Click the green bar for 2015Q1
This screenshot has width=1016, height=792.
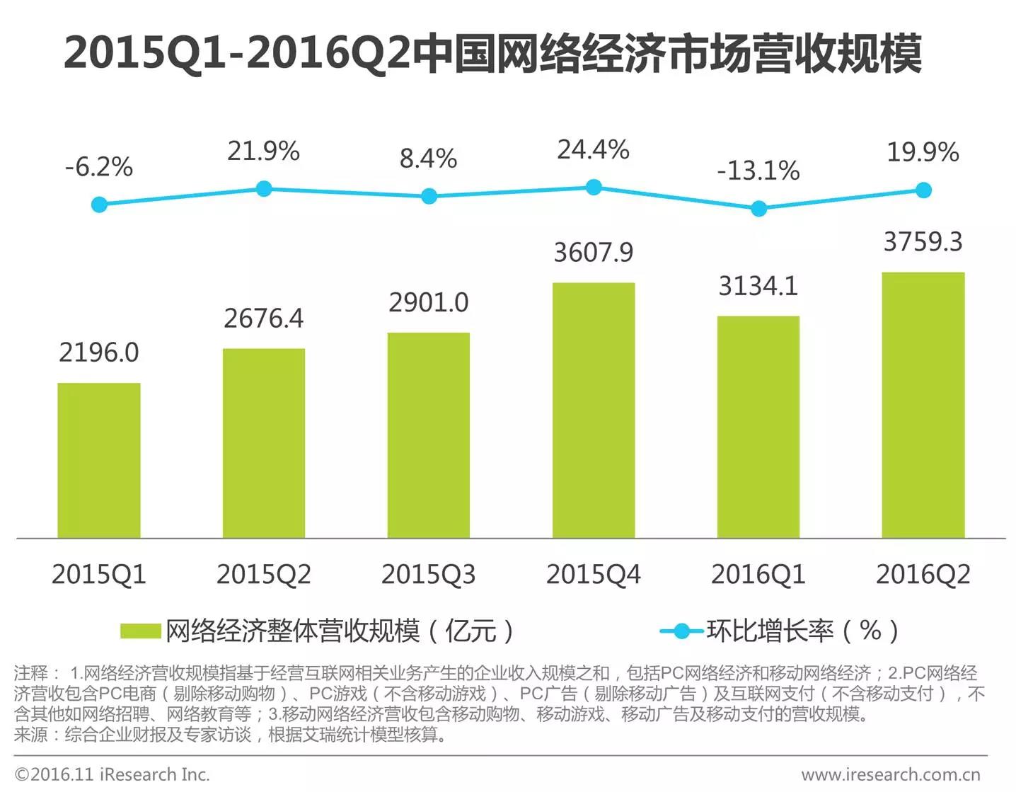click(99, 461)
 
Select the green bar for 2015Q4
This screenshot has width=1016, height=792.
click(594, 411)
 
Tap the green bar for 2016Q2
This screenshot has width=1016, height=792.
click(923, 406)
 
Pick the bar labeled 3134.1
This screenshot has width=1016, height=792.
click(758, 427)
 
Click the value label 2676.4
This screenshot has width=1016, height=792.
click(264, 318)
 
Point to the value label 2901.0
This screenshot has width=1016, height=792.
click(429, 302)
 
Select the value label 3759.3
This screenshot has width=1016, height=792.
click(923, 242)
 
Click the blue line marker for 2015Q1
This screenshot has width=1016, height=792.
click(100, 205)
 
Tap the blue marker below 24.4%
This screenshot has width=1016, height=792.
click(594, 187)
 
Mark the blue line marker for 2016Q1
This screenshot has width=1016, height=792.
click(758, 209)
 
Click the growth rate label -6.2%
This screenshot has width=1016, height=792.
click(99, 167)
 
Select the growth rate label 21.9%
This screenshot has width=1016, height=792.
click(264, 151)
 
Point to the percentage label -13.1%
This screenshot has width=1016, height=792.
click(758, 171)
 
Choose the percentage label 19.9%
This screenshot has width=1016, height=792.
click(923, 151)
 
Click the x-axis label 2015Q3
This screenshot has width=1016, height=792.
click(429, 574)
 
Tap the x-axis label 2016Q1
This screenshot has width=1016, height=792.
click(758, 574)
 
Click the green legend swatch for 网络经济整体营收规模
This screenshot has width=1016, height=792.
click(140, 631)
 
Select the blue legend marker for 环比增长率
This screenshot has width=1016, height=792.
click(682, 631)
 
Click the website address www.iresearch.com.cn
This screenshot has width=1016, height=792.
click(891, 775)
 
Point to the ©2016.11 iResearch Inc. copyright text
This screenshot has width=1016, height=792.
click(112, 775)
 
